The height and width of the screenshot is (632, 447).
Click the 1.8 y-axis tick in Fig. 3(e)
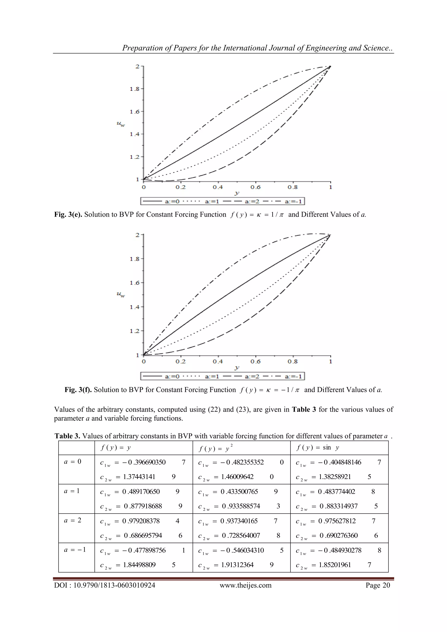(x=135, y=89)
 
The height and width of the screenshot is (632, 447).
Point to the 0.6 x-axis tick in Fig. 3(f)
(x=255, y=361)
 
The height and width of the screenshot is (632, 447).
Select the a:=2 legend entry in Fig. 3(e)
(x=252, y=202)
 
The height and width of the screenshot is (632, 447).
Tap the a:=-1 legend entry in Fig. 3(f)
(x=293, y=376)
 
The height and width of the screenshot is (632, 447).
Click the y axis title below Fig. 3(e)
(x=237, y=194)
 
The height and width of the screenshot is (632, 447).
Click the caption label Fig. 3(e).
(x=68, y=214)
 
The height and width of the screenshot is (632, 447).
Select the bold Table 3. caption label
(x=67, y=436)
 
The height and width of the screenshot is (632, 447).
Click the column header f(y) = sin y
(x=317, y=448)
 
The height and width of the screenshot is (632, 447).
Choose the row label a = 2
(x=73, y=520)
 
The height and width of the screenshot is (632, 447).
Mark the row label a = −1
(x=75, y=550)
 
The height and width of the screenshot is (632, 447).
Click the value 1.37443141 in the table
(x=139, y=477)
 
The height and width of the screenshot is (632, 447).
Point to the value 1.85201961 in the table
(x=335, y=565)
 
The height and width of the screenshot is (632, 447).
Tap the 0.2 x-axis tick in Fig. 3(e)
(x=181, y=187)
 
